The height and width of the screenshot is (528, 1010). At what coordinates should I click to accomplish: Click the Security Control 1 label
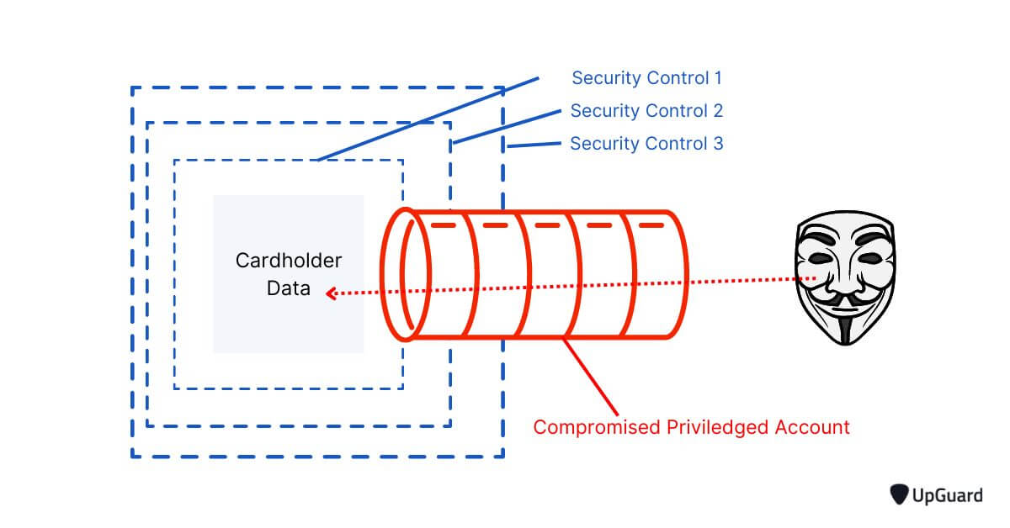point(646,78)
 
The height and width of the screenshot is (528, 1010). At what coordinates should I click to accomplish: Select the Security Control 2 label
point(646,111)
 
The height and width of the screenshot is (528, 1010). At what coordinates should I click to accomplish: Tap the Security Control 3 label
point(646,144)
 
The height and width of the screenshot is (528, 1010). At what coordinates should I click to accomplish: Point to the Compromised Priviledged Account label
point(691,427)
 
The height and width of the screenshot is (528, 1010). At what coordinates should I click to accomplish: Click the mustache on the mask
point(844,298)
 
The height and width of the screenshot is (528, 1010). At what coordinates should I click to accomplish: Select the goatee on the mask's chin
point(844,325)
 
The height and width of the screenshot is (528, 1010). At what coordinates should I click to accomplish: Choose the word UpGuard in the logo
point(948,496)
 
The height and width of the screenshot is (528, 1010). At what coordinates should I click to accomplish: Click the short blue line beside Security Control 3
point(534,145)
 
